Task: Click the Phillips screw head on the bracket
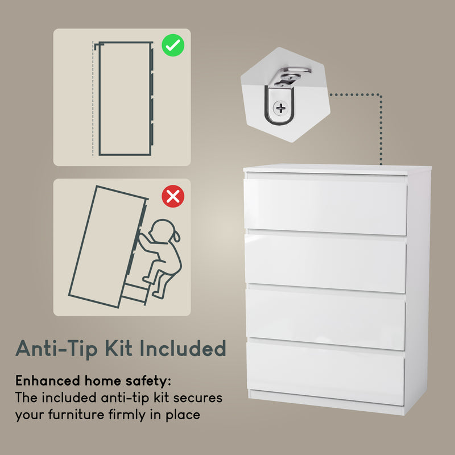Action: coord(280,107)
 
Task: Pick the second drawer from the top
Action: coord(325,263)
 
